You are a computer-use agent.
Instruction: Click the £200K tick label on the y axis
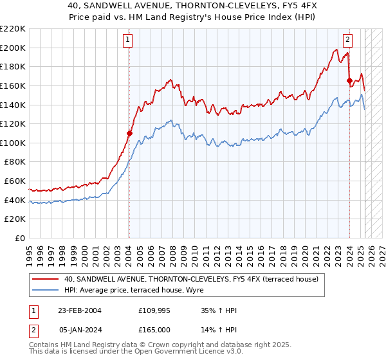14,48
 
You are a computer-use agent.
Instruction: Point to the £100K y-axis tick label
14,143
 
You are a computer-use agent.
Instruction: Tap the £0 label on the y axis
19,238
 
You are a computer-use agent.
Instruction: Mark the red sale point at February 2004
129,133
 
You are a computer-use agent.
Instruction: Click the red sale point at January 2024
349,81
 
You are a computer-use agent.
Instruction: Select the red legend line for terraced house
45,279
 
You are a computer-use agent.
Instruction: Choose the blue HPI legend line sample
45,291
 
